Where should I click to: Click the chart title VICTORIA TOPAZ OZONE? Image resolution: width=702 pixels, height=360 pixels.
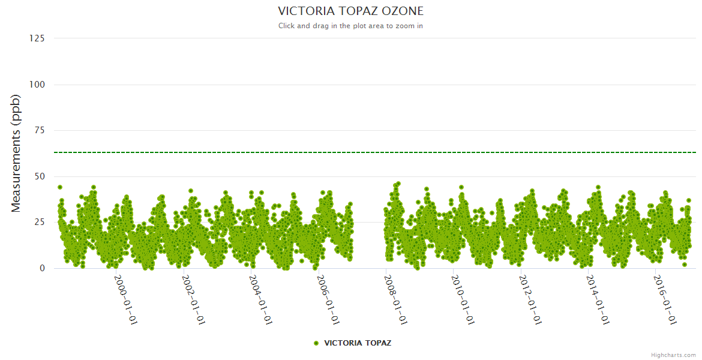(x=350, y=11)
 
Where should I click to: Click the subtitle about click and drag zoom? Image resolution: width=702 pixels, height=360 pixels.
(x=350, y=26)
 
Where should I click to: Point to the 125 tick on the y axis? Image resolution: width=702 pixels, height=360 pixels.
(x=37, y=38)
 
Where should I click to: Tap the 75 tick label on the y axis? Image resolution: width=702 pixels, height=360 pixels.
(x=39, y=130)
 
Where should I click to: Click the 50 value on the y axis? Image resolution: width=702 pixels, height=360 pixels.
(x=39, y=176)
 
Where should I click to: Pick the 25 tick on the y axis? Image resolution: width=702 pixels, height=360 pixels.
(x=39, y=223)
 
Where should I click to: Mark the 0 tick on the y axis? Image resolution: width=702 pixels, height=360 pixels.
(x=42, y=268)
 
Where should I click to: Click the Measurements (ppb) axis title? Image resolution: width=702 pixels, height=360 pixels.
(x=16, y=154)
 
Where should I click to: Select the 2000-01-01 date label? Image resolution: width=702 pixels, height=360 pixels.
(x=126, y=299)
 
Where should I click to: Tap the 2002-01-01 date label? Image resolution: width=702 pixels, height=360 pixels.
(x=193, y=299)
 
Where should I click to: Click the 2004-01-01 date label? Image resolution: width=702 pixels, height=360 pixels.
(x=261, y=299)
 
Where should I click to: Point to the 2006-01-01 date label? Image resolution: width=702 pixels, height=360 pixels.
(x=328, y=299)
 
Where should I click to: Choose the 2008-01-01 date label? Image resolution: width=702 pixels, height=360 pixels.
(x=396, y=299)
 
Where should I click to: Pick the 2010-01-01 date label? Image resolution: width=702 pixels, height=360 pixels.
(x=463, y=299)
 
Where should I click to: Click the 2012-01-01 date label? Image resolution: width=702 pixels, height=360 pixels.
(x=531, y=299)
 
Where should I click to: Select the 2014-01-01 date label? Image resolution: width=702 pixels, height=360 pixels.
(x=598, y=299)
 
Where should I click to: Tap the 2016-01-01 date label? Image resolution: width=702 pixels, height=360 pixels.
(x=665, y=299)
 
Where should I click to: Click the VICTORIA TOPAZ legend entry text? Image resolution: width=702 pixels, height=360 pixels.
(x=358, y=343)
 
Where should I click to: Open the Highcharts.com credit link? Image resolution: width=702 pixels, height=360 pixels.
(x=673, y=355)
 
